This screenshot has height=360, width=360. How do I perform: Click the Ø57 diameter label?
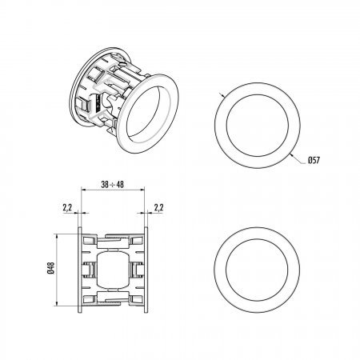[314, 160]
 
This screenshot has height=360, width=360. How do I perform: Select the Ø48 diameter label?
[50, 268]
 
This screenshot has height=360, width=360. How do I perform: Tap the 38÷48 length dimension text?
[113, 184]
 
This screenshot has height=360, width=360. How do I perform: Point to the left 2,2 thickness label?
[67, 207]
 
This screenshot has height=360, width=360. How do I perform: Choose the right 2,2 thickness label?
[158, 207]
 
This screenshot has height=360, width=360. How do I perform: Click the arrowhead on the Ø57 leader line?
[293, 156]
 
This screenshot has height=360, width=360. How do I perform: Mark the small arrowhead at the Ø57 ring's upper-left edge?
[222, 95]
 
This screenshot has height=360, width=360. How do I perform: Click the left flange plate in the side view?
[80, 270]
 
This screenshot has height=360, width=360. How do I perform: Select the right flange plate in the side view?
[146, 270]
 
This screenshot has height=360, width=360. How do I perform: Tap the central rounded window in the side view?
[113, 270]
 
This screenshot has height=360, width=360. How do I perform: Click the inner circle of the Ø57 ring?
[258, 94]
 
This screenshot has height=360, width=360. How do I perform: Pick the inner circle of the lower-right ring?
[257, 238]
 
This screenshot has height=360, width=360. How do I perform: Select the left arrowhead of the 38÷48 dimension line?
[84, 190]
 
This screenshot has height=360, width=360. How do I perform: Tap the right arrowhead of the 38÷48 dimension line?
[142, 190]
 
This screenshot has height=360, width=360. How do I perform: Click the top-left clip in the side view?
[90, 241]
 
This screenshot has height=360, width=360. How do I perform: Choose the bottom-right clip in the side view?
[136, 299]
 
